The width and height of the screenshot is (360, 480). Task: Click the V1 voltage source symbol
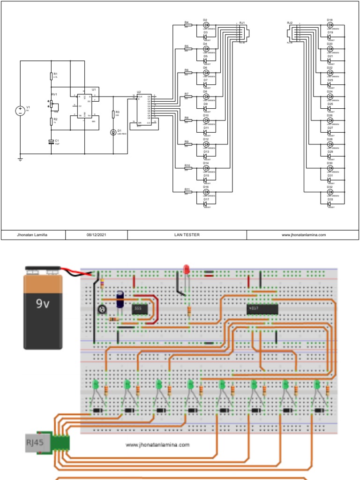point(20,111)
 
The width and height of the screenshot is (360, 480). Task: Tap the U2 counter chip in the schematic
point(145,108)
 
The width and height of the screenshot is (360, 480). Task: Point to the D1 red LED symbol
point(113,132)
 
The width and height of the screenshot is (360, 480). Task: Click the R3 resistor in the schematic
point(113,114)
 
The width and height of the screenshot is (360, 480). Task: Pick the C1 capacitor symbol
point(52,141)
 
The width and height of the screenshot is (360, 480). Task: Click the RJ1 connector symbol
point(244,33)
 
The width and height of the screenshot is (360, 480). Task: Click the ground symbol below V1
point(20,159)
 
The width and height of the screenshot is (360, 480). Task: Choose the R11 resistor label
point(187,189)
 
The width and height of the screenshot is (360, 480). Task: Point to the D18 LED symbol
point(330,25)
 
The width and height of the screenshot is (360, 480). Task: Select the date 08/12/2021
point(96,235)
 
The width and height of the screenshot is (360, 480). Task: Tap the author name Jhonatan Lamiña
point(33,235)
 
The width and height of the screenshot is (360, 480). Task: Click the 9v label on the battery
point(43,303)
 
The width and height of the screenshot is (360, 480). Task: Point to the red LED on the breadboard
point(186,270)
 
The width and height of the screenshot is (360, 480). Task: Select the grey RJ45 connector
point(36,442)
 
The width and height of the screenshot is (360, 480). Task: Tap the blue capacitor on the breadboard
point(120,298)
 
